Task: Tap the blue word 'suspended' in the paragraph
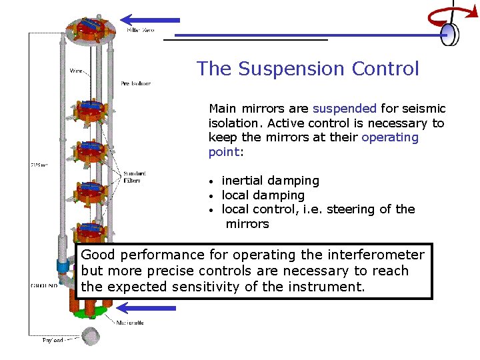(345, 109)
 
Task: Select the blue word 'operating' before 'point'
(390, 137)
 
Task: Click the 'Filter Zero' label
(141, 31)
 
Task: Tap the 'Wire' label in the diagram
(77, 70)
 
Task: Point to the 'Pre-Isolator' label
(135, 84)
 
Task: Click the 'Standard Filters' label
(132, 177)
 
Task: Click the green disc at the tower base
(89, 312)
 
